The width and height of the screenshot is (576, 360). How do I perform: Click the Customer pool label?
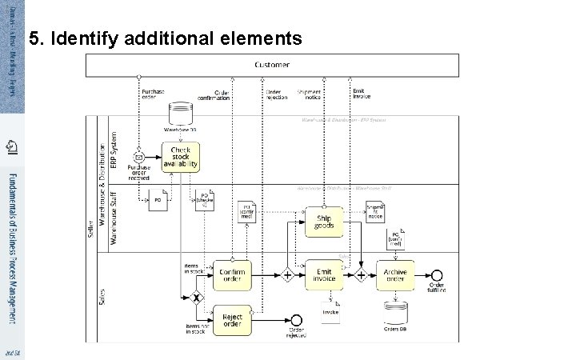tap(272, 65)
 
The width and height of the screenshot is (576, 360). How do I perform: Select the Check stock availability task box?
tap(180, 156)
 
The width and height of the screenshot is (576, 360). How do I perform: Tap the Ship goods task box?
tap(324, 222)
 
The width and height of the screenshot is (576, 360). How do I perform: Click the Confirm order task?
tap(231, 274)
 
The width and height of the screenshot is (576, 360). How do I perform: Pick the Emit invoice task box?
tap(324, 274)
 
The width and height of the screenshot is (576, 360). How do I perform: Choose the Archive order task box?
tap(394, 274)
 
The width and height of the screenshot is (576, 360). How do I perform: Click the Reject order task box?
tap(231, 319)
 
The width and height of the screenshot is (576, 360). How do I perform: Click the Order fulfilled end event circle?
tap(437, 274)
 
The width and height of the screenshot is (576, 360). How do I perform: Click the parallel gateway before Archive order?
tap(361, 274)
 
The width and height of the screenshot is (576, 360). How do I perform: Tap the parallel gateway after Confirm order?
tap(287, 274)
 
